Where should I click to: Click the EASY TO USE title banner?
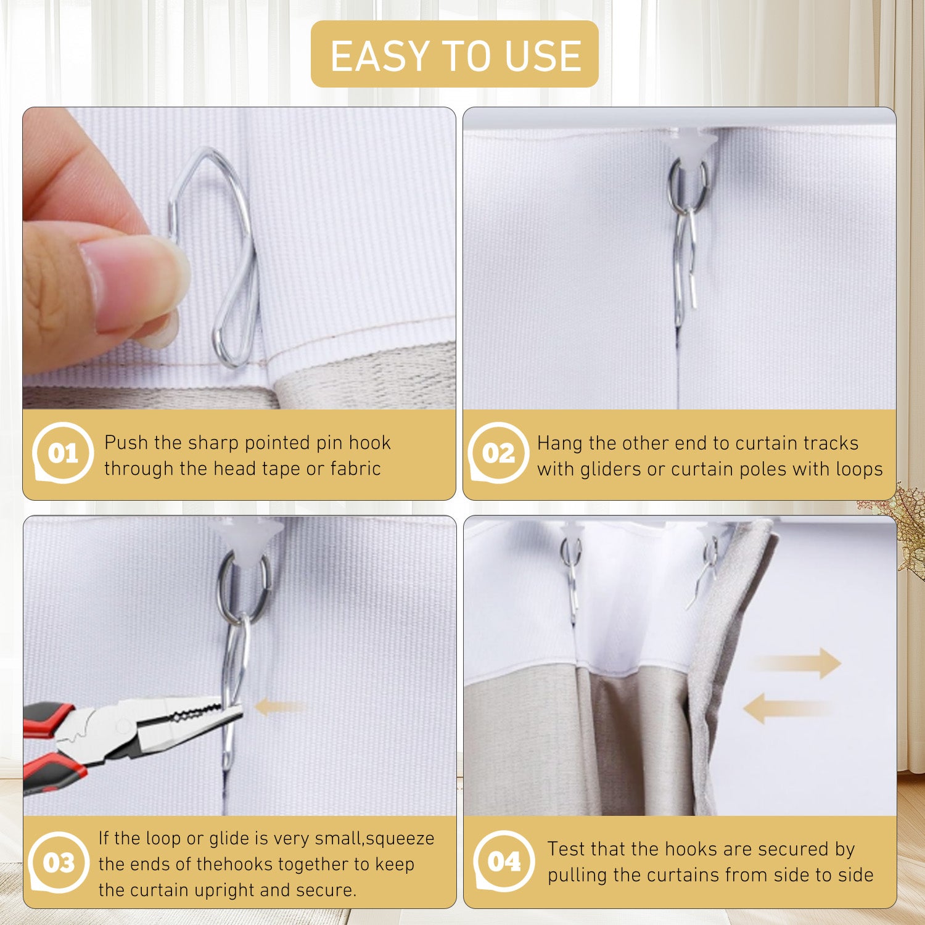[454, 54]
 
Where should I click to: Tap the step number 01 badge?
[62, 453]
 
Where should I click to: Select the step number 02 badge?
[498, 453]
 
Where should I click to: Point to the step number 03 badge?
[59, 861]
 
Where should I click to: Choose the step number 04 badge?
[504, 861]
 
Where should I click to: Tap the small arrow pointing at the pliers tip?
[281, 707]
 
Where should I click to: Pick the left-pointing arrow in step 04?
[786, 708]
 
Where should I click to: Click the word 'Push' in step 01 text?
[126, 443]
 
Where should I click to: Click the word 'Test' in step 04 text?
[566, 849]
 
